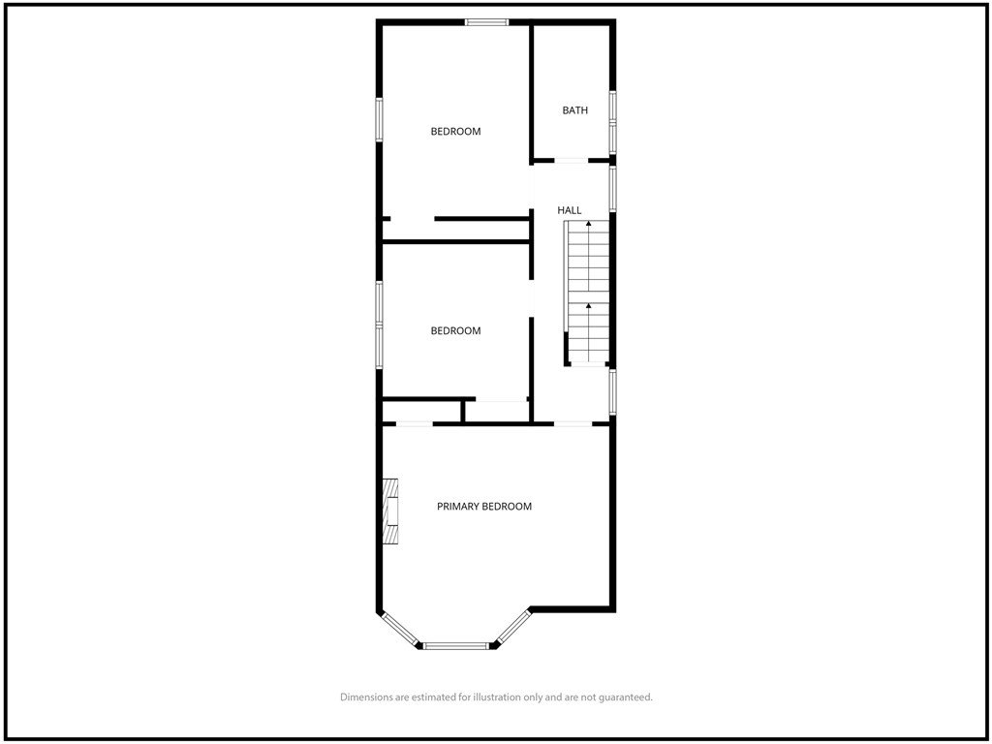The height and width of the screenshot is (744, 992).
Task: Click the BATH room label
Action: pos(574,110)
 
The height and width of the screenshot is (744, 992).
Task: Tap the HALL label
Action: pos(569,210)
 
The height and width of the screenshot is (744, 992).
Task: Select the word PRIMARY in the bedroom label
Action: pos(458,506)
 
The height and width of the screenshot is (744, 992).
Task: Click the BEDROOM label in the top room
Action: pos(455,132)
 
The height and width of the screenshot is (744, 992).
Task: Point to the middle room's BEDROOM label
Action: pos(455,331)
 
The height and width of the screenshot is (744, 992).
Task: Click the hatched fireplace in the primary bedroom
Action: pos(390,511)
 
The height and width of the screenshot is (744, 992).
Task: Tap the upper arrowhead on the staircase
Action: pos(589,224)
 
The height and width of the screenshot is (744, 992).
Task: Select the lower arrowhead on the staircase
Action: pos(589,305)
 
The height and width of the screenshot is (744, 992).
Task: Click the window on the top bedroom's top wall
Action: pos(486,22)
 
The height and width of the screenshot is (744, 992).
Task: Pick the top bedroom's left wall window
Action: pos(380,119)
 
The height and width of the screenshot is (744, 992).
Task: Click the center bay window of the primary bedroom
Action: pos(455,646)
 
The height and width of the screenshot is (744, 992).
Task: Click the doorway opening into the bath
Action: pos(572,161)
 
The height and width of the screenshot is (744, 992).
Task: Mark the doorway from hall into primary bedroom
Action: pos(573,423)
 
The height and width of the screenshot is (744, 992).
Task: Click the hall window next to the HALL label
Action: pos(612,189)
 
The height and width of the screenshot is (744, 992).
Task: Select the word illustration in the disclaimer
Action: pos(497,697)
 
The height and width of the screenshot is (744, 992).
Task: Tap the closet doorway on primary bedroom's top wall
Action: pos(415,423)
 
